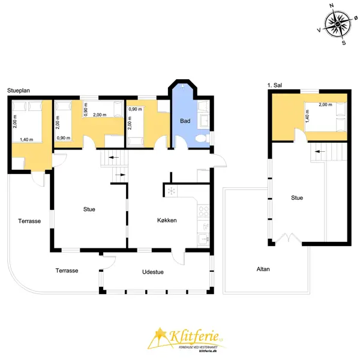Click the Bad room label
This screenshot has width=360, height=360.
185,121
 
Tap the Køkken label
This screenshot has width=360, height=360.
167,220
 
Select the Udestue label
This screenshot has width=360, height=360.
153,272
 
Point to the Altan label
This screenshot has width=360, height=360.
263,269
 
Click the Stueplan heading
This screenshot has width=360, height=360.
19,91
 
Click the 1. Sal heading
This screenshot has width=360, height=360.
275,85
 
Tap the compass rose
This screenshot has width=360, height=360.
338,24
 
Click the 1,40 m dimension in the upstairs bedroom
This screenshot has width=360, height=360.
307,116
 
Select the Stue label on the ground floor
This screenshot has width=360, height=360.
89,209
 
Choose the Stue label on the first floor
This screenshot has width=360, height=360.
297,197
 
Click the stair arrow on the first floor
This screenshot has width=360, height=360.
320,152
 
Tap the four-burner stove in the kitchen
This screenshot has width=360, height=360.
203,211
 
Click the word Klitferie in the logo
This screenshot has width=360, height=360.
194,337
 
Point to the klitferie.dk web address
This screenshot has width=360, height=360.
208,351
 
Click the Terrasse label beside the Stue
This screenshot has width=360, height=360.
29,221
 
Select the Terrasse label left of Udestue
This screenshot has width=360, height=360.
67,271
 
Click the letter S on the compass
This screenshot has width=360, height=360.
344,43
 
